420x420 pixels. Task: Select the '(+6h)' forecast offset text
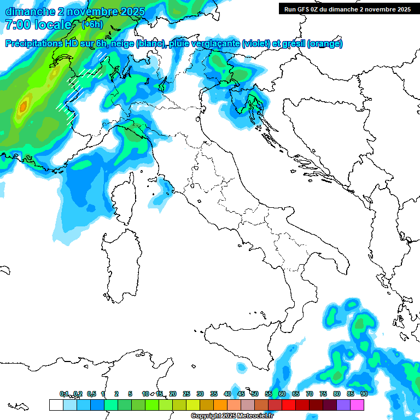tap(92, 25)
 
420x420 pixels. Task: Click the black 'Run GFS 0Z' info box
tap(346, 9)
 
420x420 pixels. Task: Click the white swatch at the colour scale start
tap(56, 405)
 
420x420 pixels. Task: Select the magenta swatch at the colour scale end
tap(357, 405)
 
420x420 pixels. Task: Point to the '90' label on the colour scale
tap(364, 394)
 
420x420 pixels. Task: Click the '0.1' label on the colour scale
tap(64, 394)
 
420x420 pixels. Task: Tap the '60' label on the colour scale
tap(282, 394)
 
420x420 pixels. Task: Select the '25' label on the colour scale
tap(186, 394)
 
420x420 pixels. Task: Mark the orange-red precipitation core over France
tap(22, 107)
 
